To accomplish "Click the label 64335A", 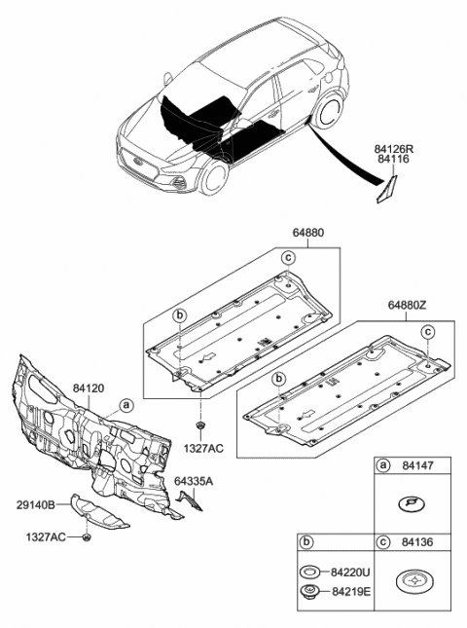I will tap(194, 479).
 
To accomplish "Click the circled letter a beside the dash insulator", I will tap(125, 404).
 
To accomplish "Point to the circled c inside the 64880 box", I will tap(287, 257).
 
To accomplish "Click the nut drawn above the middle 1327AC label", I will tap(199, 427).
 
